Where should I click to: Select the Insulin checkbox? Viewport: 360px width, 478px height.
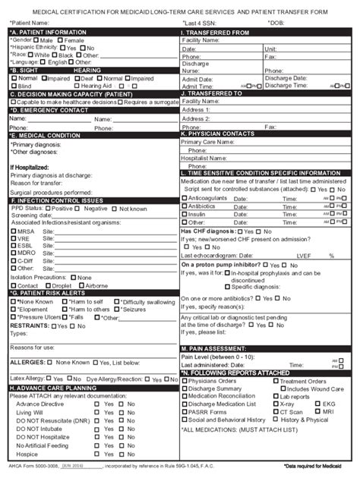tap(184, 214)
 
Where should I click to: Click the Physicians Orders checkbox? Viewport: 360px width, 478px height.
tap(184, 381)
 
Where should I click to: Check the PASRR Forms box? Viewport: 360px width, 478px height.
tap(184, 411)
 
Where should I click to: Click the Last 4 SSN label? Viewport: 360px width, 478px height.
tap(200, 23)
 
